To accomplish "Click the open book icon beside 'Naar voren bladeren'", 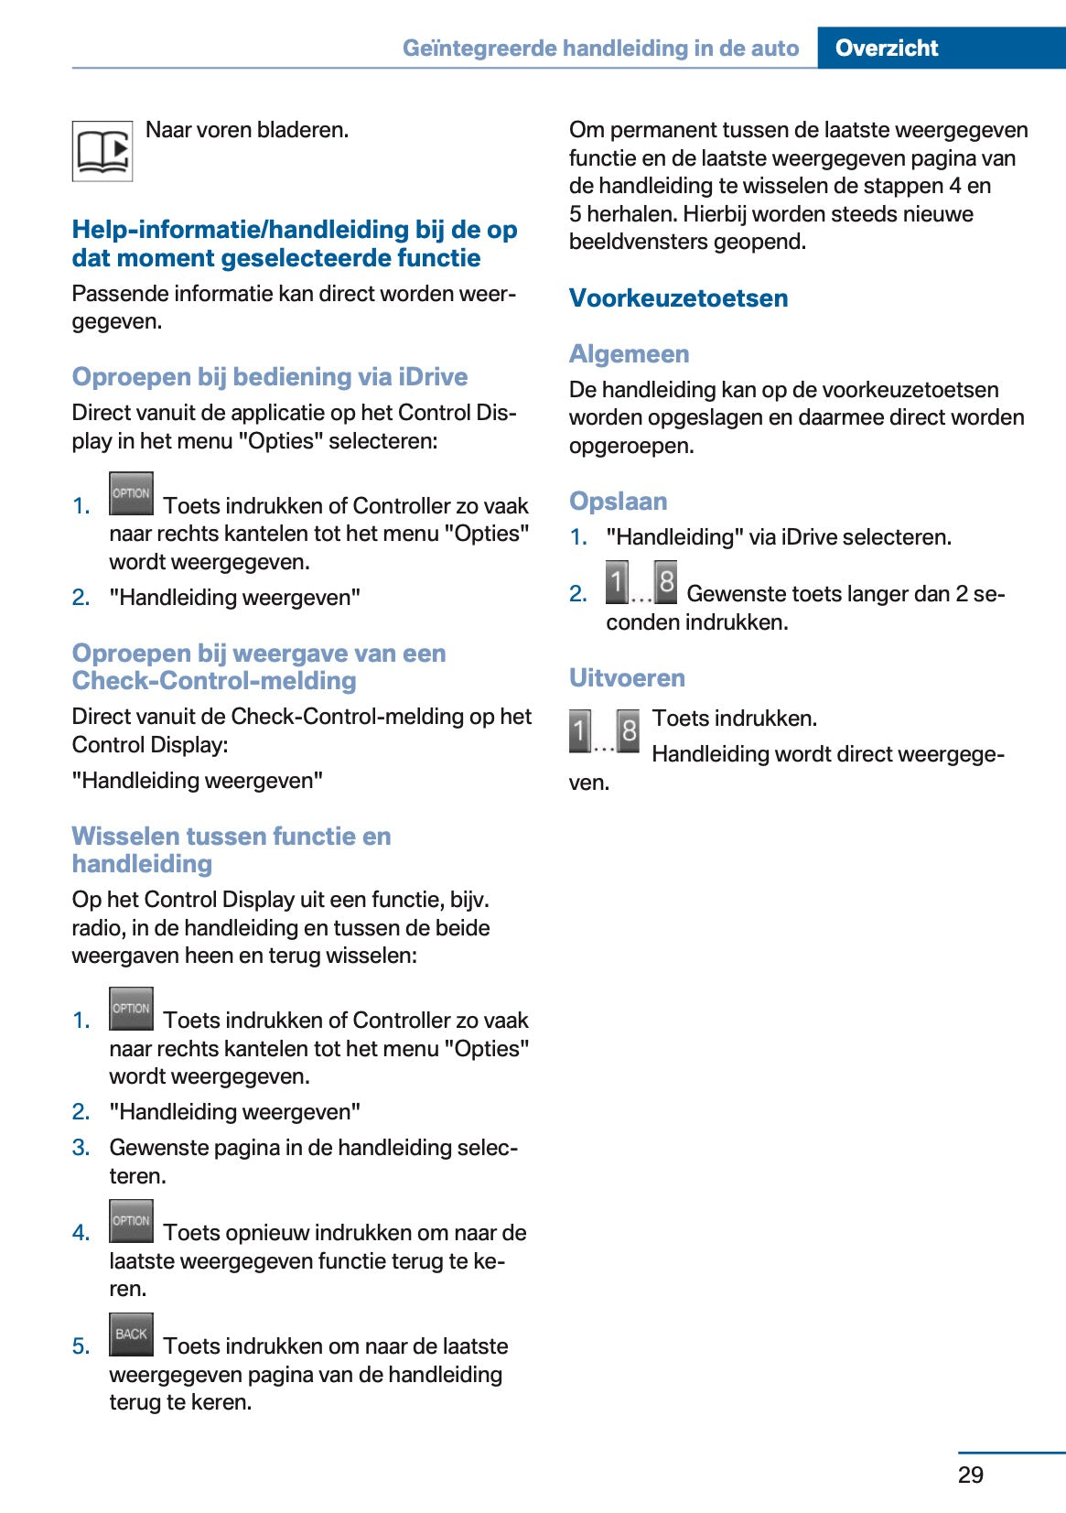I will (x=102, y=151).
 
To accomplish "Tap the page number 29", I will (x=970, y=1475).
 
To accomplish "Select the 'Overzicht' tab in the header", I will (x=886, y=48).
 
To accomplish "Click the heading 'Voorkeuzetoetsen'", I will (x=678, y=298).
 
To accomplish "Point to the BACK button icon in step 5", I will (x=131, y=1335).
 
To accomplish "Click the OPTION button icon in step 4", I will (x=131, y=1221).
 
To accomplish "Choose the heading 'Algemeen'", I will (x=629, y=354).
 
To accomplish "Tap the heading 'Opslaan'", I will (x=618, y=502).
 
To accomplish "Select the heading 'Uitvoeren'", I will (x=627, y=678).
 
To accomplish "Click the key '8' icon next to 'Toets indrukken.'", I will (x=629, y=731).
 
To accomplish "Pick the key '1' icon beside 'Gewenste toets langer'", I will (x=618, y=582).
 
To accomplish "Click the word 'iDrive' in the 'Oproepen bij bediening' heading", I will (x=433, y=377).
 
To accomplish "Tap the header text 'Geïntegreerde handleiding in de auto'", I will (x=600, y=48).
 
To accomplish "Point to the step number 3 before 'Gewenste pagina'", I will (x=81, y=1148).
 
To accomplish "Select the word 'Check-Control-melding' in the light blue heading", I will (x=214, y=681).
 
